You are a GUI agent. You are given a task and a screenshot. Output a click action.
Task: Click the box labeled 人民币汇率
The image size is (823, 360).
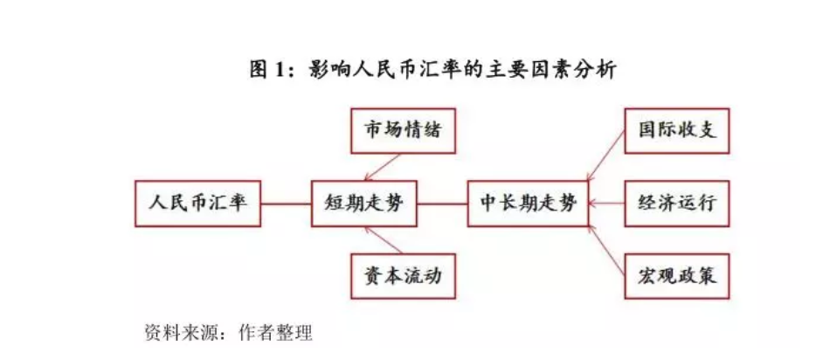point(198,203)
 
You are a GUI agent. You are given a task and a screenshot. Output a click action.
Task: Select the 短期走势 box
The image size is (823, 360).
point(365,204)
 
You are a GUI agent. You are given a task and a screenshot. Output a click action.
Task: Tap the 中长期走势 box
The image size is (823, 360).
point(528,204)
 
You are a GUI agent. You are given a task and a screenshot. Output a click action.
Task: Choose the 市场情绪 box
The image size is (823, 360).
point(403,131)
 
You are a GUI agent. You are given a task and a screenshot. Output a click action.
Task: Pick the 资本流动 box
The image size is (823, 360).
point(403,277)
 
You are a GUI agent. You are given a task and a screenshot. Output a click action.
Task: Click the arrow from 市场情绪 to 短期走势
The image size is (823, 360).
point(384,165)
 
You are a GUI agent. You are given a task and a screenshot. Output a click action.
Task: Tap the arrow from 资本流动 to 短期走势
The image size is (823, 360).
point(384,241)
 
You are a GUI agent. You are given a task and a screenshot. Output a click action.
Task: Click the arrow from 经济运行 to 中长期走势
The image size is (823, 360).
point(606,204)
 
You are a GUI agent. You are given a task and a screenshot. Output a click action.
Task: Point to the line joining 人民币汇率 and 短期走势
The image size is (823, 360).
point(287,204)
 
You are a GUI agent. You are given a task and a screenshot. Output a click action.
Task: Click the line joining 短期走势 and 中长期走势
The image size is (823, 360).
point(442,204)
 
